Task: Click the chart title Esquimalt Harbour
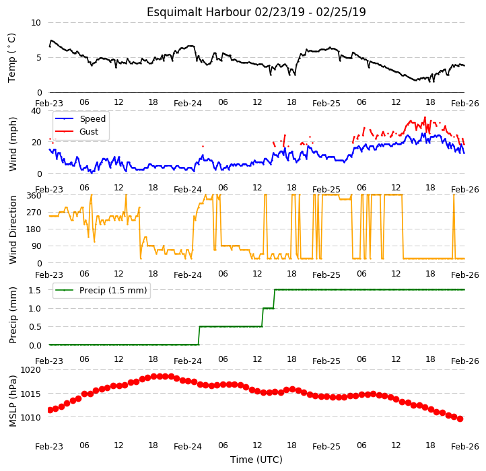pos(199,12)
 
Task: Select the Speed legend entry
pos(80,118)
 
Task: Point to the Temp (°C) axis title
pos(11,58)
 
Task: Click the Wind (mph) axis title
pos(12,144)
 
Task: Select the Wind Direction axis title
pos(12,229)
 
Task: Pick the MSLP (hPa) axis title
pos(12,401)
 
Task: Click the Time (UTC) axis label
pos(256,460)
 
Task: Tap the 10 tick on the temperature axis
pos(36,23)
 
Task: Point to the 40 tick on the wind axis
pos(36,111)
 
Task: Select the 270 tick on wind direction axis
pos(34,213)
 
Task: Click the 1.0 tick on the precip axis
pos(35,309)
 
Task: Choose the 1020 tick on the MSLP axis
pos(30,370)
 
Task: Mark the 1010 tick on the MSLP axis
pos(30,417)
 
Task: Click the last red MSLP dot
pos(460,419)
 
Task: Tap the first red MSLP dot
pos(50,410)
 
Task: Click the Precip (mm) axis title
pos(12,316)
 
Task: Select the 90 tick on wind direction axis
pos(36,246)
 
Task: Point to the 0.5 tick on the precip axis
pos(35,327)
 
